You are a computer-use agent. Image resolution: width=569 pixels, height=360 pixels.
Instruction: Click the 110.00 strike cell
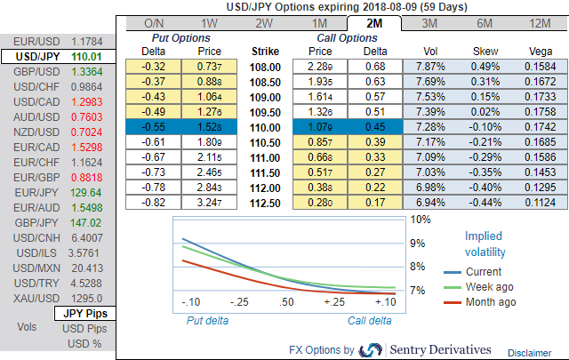click(267, 128)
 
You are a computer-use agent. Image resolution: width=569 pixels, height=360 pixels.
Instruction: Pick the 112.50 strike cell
click(267, 203)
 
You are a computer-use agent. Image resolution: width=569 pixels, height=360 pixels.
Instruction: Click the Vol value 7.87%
click(430, 67)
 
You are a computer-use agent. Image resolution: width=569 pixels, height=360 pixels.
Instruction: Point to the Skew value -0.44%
click(485, 203)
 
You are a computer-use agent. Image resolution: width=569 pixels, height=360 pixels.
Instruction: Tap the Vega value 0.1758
click(538, 112)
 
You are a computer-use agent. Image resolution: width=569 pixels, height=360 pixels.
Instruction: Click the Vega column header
click(538, 52)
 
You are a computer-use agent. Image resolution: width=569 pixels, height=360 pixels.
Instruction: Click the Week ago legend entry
click(490, 287)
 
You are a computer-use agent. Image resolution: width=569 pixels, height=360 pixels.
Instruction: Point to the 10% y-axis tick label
click(421, 219)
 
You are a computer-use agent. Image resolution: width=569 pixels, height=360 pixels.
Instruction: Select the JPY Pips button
click(85, 314)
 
